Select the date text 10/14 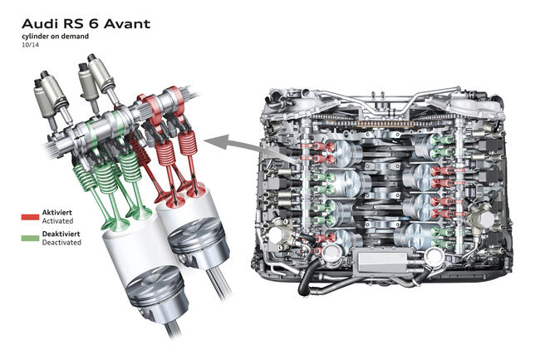30,44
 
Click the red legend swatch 30,217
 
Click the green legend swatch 30,238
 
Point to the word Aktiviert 56,212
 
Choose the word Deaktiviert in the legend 61,234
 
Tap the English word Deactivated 61,242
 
